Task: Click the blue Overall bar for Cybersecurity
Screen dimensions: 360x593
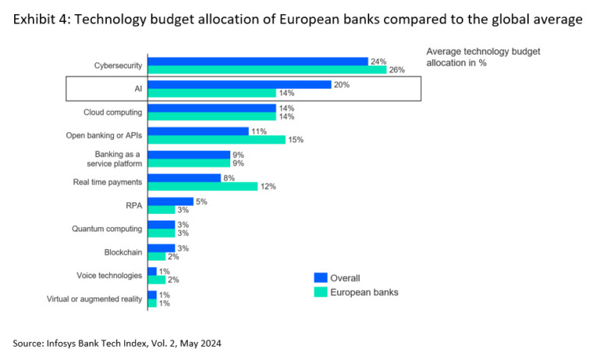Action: [257, 61]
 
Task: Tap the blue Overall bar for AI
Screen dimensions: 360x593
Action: [240, 84]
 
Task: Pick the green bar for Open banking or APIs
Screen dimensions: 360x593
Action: [216, 140]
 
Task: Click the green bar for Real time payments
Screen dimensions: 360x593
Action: [202, 187]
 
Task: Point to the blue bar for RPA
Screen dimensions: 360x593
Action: [170, 201]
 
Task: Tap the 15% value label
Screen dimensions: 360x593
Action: [295, 141]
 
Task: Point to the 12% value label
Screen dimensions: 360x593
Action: [268, 187]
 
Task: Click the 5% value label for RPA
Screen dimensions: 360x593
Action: [201, 201]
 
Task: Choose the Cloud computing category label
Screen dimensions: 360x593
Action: [113, 112]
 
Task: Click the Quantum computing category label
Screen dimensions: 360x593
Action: [107, 229]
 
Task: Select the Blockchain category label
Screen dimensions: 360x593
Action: [123, 252]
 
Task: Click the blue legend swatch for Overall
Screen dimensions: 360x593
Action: [319, 277]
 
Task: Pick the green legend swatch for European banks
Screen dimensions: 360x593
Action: [319, 293]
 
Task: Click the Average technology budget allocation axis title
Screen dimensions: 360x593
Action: [482, 57]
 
